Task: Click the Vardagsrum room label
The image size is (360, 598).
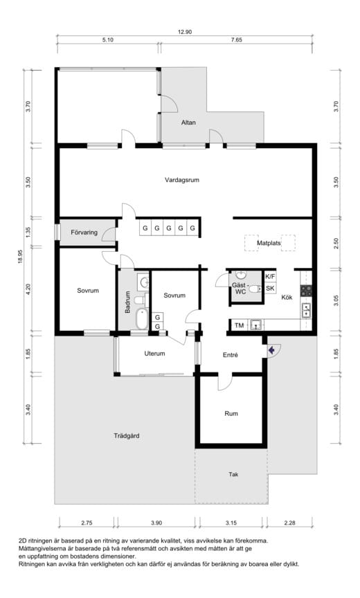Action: click(182, 180)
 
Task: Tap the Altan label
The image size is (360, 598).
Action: click(188, 123)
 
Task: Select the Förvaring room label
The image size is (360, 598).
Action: click(84, 233)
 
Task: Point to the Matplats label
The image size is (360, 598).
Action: click(269, 243)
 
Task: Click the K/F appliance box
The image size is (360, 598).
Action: click(270, 276)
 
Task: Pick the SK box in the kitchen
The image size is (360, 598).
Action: click(270, 289)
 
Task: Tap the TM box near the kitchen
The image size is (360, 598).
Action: click(239, 325)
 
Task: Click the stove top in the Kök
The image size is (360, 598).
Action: click(306, 291)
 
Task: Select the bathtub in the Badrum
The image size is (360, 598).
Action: click(141, 319)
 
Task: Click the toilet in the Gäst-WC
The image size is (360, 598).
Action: click(254, 290)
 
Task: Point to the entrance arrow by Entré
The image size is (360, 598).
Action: click(271, 350)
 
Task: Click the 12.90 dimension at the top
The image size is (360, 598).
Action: click(185, 32)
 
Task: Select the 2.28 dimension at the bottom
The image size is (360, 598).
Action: click(289, 523)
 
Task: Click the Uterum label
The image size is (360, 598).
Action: click(154, 354)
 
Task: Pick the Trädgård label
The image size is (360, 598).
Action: click(127, 435)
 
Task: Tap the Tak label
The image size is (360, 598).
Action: click(233, 474)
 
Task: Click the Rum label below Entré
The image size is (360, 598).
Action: click(231, 413)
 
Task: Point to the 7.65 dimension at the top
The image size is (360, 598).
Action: click(237, 39)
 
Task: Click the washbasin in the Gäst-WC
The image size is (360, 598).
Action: click(241, 275)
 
